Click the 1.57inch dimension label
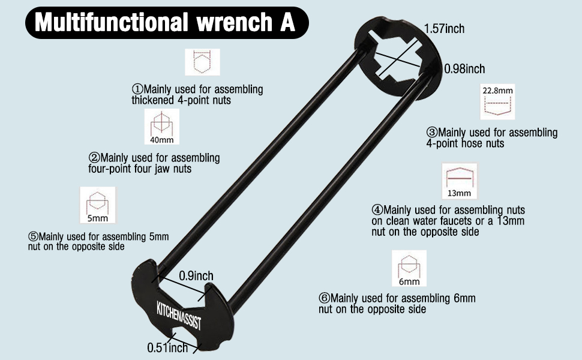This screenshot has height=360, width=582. pos(444,29)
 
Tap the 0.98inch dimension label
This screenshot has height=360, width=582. pos(464,68)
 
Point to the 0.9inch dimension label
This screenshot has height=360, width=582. pos(196,276)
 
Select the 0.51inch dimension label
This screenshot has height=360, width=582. pos(167,348)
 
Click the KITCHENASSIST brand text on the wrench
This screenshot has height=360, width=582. pos(179,316)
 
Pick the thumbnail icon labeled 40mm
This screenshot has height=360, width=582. pos(162,127)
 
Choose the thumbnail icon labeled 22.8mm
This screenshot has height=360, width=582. pos(497,101)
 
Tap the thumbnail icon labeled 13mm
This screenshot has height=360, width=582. pos(459,181)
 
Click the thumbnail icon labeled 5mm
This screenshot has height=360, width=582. pos(98,205)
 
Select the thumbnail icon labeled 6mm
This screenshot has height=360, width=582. pos(409,268)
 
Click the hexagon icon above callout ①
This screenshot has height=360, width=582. pos(202,62)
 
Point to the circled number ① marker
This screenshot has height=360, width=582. pos(137,89)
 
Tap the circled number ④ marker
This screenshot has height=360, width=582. pos(377,210)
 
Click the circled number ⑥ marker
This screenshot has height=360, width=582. pos(324,298)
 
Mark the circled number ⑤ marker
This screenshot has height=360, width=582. pos(33,237)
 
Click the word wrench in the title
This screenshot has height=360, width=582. pos(234,22)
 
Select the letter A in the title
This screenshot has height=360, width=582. pos(287,22)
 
